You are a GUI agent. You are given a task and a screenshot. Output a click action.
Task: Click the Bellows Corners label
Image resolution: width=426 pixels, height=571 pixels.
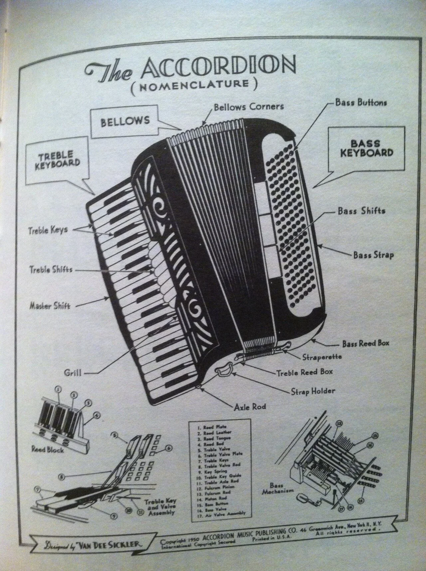(249, 107)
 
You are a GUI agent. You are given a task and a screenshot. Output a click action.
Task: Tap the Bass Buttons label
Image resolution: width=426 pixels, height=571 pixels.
(361, 103)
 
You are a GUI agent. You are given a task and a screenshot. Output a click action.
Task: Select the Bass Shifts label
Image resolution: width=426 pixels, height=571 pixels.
(361, 211)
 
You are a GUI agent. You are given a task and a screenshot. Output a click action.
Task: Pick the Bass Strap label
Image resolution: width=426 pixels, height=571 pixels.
(373, 255)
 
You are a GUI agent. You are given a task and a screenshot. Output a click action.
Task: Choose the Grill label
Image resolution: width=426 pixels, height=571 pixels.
(73, 373)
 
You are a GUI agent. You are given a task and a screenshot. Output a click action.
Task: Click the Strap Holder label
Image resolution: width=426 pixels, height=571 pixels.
(313, 391)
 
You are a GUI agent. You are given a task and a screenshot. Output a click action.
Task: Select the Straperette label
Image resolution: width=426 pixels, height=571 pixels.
(322, 357)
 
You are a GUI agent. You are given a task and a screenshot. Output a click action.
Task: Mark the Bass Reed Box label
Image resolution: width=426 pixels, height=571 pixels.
(365, 343)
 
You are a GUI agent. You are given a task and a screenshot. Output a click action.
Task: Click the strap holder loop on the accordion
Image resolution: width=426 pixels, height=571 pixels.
(223, 370)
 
